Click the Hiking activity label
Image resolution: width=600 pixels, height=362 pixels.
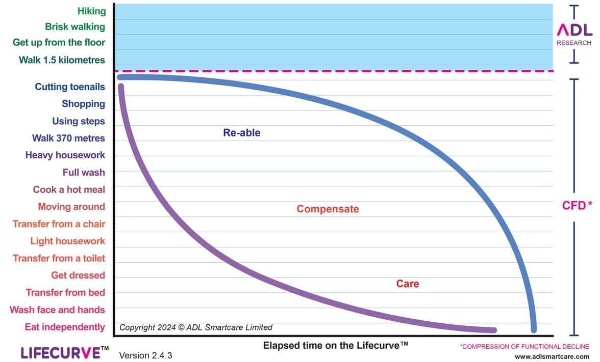tap(91, 11)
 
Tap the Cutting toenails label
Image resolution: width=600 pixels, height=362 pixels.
tap(70, 87)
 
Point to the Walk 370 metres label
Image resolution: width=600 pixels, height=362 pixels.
tap(68, 138)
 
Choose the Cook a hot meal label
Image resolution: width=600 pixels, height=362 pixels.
tap(69, 189)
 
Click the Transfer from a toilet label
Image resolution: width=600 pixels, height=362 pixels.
tap(59, 258)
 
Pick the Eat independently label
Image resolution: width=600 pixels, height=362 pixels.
tap(65, 327)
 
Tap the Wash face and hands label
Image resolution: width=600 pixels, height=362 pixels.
tap(57, 310)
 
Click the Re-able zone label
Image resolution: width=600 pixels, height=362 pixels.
tap(241, 133)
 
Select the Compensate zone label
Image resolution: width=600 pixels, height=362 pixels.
tap(328, 209)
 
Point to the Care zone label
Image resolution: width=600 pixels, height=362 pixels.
tap(407, 284)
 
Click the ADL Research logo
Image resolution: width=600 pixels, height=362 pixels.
tap(574, 34)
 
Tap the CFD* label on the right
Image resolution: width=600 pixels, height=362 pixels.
tap(577, 205)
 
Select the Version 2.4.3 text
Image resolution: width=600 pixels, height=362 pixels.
tap(145, 355)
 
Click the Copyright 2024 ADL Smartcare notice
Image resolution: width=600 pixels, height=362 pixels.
tap(196, 327)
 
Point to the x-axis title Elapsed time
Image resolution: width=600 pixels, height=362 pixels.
tap(336, 345)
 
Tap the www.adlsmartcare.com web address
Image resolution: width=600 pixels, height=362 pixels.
tap(552, 357)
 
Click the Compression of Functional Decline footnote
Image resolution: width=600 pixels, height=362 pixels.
tap(524, 346)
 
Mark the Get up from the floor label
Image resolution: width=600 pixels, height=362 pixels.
tap(59, 43)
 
